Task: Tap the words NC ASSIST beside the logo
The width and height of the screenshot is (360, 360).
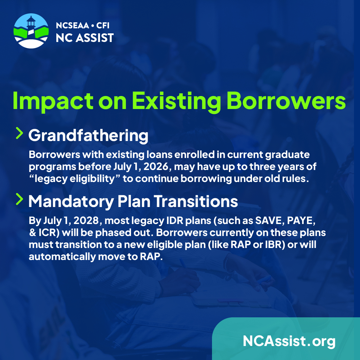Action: pyautogui.click(x=85, y=38)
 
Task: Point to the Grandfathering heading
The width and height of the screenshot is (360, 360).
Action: pyautogui.click(x=88, y=136)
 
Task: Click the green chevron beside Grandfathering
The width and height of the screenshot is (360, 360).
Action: pyautogui.click(x=20, y=133)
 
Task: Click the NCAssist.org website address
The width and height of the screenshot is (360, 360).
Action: pyautogui.click(x=289, y=341)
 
